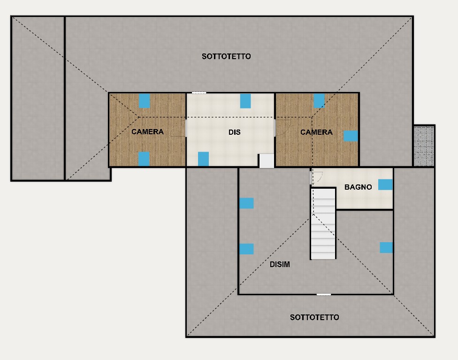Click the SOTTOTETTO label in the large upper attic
pyautogui.click(x=226, y=56)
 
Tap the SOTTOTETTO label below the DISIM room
pyautogui.click(x=314, y=317)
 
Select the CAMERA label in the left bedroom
pyautogui.click(x=147, y=132)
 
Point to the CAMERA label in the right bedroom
pyautogui.click(x=317, y=132)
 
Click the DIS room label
pyautogui.click(x=235, y=132)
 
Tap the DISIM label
pyautogui.click(x=280, y=264)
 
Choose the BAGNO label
pyautogui.click(x=358, y=187)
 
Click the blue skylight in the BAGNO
pyautogui.click(x=385, y=184)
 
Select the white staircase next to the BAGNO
pyautogui.click(x=323, y=224)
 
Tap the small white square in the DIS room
pyautogui.click(x=267, y=161)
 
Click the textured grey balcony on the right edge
pyautogui.click(x=424, y=146)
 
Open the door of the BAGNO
pyautogui.click(x=311, y=178)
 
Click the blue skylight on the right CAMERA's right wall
pyautogui.click(x=351, y=136)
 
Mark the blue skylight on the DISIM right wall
pyautogui.click(x=386, y=247)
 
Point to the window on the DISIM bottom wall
pyautogui.click(x=324, y=295)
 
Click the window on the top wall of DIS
pyautogui.click(x=199, y=93)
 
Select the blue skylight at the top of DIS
pyautogui.click(x=245, y=101)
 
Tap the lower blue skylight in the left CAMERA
pyautogui.click(x=144, y=159)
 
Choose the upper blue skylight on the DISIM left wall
pyautogui.click(x=246, y=203)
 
